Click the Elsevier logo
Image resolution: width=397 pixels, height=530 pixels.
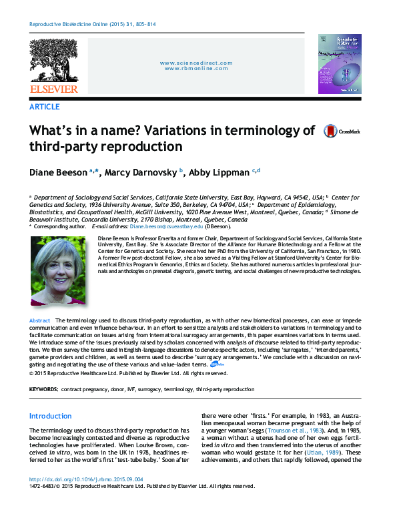[x=53, y=67]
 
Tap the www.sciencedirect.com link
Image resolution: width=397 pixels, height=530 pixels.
[x=197, y=63]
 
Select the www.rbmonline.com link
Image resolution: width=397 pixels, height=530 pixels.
[x=197, y=69]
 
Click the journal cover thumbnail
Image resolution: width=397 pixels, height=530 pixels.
[x=338, y=64]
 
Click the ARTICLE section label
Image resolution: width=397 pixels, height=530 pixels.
[x=44, y=107]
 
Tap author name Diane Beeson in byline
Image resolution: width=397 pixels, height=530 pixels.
[x=59, y=172]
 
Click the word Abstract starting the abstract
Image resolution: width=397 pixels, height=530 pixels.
[x=40, y=321]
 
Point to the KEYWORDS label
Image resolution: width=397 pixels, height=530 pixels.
[x=44, y=388]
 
